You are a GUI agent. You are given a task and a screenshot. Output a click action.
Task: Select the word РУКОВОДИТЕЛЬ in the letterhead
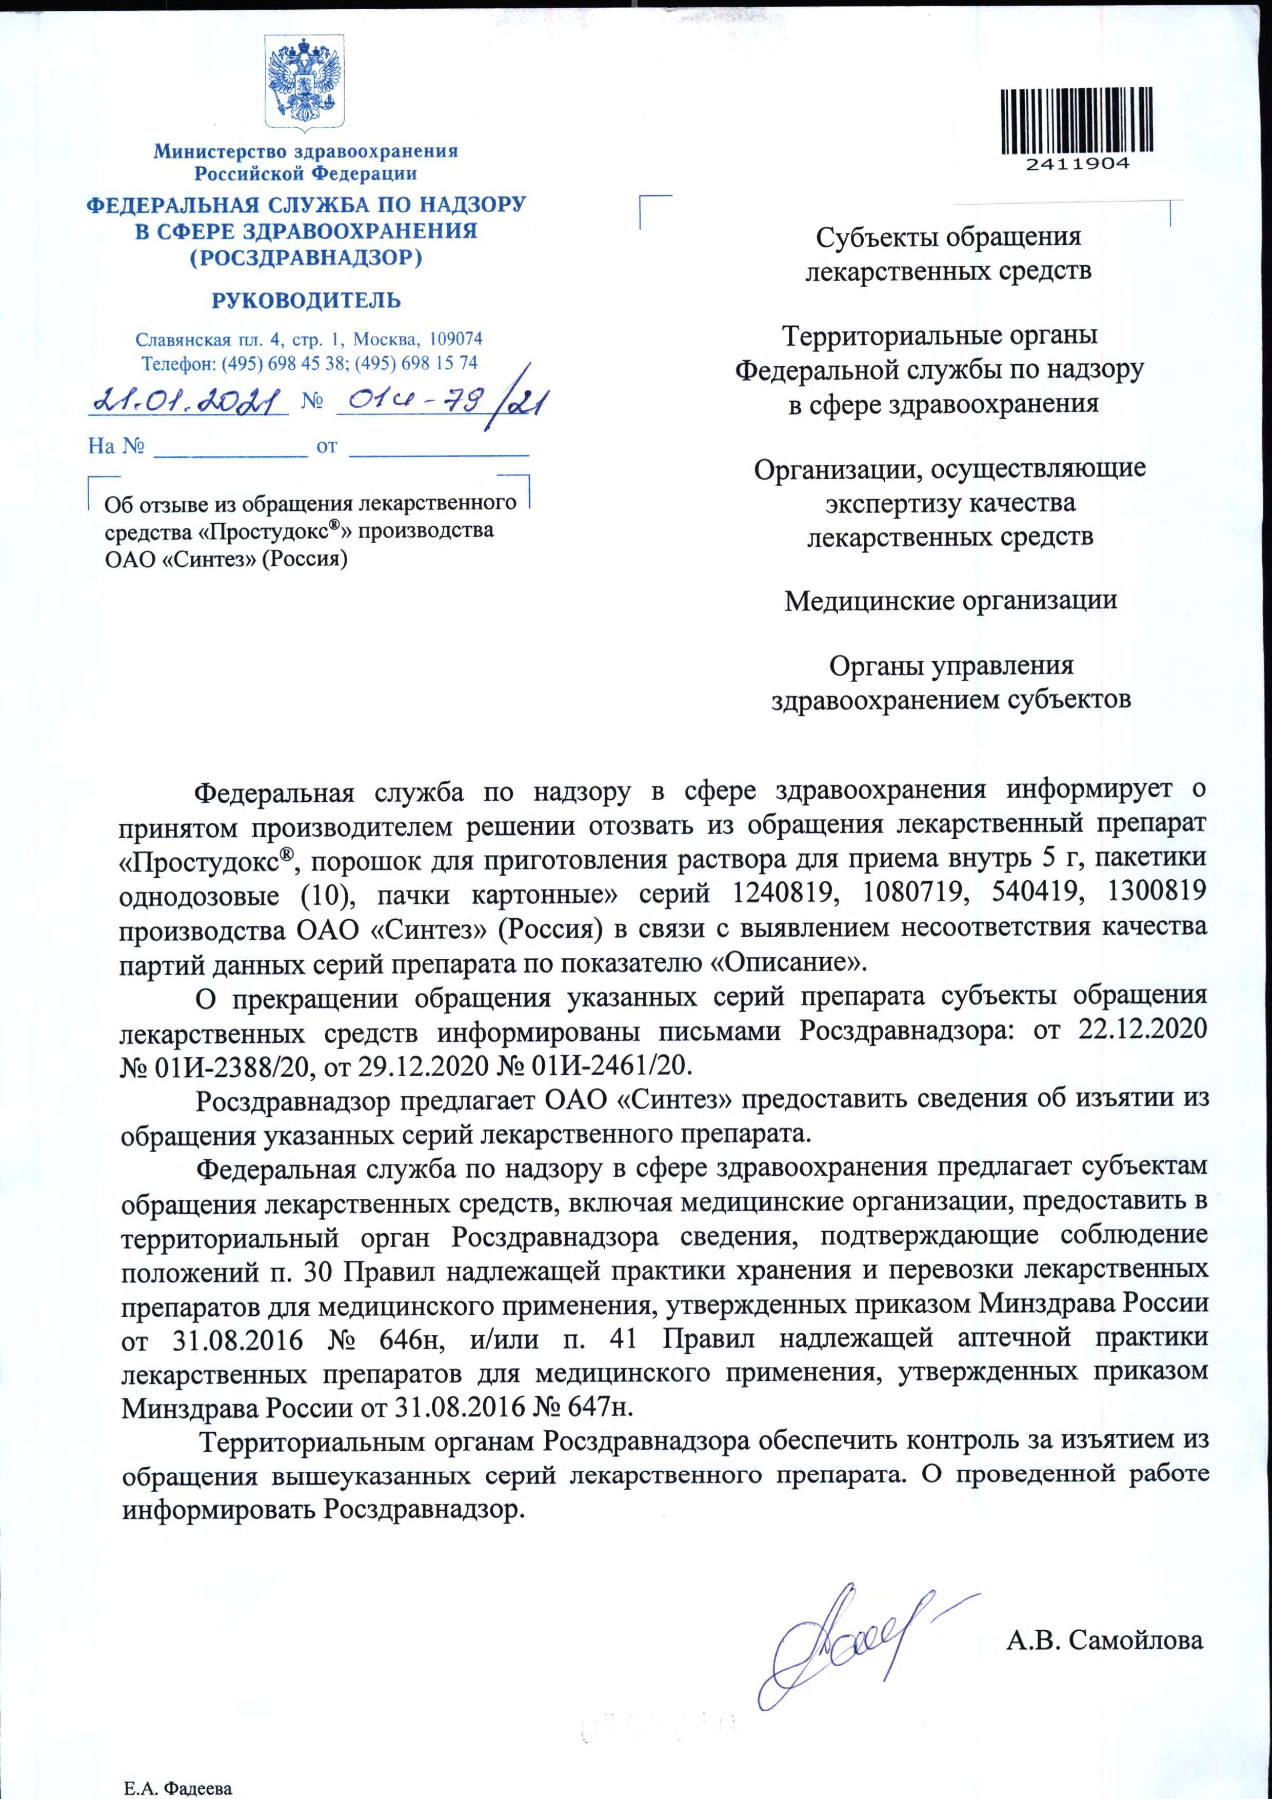[306, 300]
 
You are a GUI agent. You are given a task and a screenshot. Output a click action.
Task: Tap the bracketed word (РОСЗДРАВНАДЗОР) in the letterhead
[306, 258]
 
